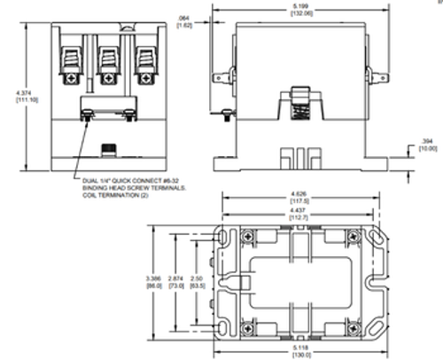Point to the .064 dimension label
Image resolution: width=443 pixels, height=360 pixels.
(183, 19)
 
